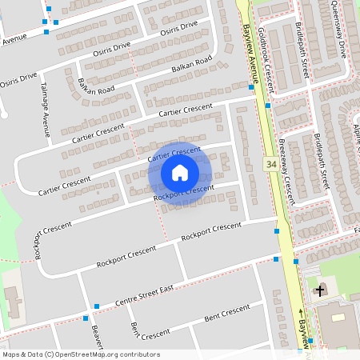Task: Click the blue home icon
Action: click(180, 173)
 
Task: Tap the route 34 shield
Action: click(272, 164)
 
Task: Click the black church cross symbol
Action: click(320, 290)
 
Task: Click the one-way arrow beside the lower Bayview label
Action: click(302, 312)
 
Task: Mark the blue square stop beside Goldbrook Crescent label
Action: click(268, 105)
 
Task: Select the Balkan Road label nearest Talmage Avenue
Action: click(96, 89)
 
